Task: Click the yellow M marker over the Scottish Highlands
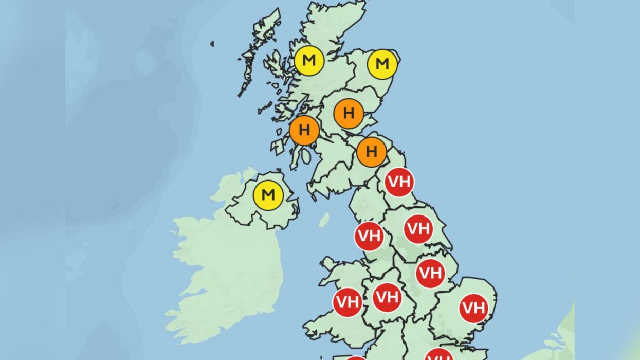coord(309,61)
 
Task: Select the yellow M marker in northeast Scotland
coord(382,64)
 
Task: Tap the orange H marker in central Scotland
coord(349,113)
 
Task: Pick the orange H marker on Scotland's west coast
coord(304,131)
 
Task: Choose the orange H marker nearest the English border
coord(371,152)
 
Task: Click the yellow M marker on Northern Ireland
coord(268,195)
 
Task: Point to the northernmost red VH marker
coord(399,182)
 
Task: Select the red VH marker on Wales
coord(348,302)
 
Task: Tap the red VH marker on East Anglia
coord(473,308)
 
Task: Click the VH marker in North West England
coord(369,236)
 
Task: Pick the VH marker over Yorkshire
coord(418,229)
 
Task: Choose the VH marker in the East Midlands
coord(430,274)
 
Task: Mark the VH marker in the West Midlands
coord(387,297)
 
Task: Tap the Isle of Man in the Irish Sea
coord(324,220)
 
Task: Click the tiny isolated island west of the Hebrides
coord(212,44)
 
